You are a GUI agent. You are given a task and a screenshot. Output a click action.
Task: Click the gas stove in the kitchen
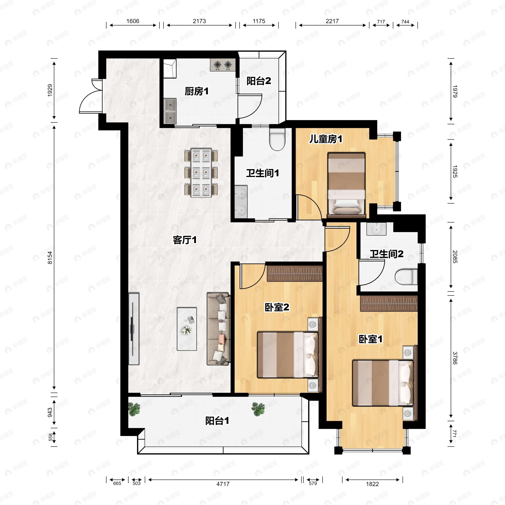[x=223, y=65]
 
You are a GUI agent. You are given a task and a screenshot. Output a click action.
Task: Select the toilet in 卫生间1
[x=277, y=139]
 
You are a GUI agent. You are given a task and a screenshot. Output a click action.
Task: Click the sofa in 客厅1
[x=219, y=329]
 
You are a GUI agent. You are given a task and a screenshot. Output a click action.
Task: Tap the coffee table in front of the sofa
[x=187, y=329]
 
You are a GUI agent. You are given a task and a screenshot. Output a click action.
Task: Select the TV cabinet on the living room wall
[x=134, y=328]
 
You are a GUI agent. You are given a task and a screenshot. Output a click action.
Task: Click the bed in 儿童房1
[x=346, y=185]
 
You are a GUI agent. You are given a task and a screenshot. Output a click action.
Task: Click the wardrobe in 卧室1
[x=389, y=303]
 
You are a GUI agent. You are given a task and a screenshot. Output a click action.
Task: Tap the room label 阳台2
[x=259, y=81]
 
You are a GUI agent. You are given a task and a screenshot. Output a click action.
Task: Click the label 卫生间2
[x=386, y=254]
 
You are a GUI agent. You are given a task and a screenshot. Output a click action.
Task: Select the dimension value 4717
[x=223, y=484]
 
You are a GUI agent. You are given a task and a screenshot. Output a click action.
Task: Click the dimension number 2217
[x=332, y=21]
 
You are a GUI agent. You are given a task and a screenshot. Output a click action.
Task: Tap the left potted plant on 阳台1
[x=134, y=409]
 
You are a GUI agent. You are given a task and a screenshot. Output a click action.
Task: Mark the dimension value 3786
[x=455, y=358]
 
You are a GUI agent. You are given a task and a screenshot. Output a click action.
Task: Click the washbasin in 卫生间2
[x=376, y=229]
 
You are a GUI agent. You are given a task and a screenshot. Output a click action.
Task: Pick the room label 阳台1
[x=217, y=421]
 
